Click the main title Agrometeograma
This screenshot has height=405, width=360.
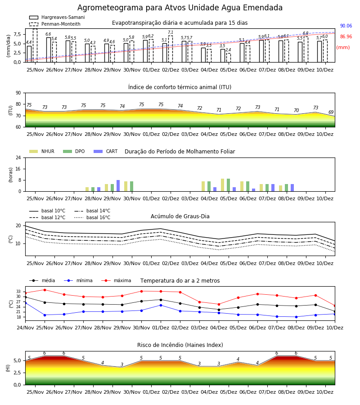[180, 8]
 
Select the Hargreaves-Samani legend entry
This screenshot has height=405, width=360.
[57, 17]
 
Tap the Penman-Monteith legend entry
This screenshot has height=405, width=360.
[55, 24]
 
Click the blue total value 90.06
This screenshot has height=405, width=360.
[346, 26]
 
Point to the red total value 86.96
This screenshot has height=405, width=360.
[346, 37]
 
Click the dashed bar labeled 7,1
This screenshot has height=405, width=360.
[171, 49]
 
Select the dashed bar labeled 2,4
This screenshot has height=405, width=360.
[229, 58]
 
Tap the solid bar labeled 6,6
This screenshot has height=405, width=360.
[49, 50]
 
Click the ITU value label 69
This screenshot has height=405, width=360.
[331, 112]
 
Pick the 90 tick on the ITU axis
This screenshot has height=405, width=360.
[18, 93]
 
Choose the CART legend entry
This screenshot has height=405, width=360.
[106, 151]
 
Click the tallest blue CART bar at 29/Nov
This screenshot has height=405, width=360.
[118, 186]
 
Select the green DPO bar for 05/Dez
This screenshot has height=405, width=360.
[228, 185]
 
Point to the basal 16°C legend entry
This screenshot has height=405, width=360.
[92, 217]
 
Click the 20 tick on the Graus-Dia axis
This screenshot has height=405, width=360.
[18, 226]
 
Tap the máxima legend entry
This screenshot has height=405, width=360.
[117, 280]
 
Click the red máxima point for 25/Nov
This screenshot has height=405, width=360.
[45, 290]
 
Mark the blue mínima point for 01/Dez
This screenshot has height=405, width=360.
[161, 305]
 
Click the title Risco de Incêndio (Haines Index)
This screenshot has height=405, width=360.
[180, 345]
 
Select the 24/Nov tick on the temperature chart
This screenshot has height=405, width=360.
[25, 328]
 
